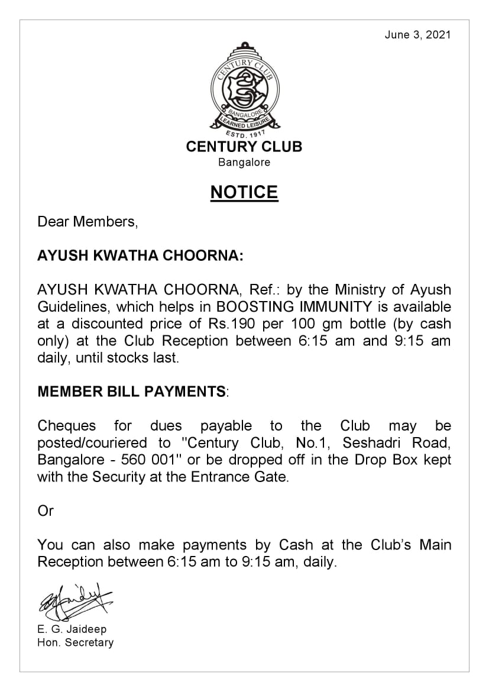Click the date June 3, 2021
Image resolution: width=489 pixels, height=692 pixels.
(417, 35)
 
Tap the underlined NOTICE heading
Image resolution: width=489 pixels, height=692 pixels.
(244, 192)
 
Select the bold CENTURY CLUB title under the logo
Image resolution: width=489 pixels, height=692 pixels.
(244, 147)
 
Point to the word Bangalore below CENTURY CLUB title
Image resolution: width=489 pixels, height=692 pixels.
(244, 162)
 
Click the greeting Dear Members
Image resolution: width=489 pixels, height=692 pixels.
(88, 222)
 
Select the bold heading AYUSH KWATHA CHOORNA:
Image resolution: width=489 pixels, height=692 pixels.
(140, 256)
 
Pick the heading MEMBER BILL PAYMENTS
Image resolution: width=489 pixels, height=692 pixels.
(131, 392)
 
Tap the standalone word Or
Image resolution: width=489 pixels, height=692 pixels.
(46, 511)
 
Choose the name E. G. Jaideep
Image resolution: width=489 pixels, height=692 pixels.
(72, 629)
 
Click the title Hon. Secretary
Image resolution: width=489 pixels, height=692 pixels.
(75, 642)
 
